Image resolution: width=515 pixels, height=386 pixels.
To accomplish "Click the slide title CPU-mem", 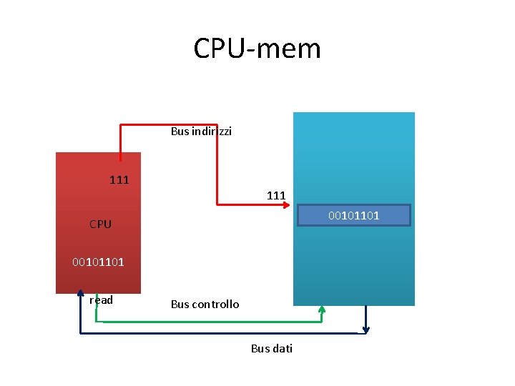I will point(257,49).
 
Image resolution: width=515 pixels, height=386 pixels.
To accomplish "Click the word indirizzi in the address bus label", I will point(211,132).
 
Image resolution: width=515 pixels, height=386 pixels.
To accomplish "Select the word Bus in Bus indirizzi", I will point(180,132).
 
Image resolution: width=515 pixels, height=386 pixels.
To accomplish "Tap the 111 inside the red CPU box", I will point(119,179).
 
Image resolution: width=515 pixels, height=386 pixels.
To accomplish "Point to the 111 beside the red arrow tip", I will point(276,195).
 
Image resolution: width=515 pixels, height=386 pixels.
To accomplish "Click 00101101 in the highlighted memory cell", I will point(353,215).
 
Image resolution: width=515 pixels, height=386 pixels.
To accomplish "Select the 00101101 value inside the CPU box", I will point(98,262).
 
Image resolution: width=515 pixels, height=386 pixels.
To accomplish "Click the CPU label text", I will point(100,224).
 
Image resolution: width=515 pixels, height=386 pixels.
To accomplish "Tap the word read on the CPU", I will point(101,300).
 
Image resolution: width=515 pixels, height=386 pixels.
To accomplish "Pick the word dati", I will point(282,349).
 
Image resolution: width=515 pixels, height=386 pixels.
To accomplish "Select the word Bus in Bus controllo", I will point(180,305).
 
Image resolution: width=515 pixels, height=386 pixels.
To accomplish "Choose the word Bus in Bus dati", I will point(260,349).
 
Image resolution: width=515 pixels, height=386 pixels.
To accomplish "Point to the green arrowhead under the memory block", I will point(322,310).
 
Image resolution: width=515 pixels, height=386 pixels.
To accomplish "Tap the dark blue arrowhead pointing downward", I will point(366,329).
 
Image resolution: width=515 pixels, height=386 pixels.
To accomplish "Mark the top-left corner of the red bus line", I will point(120,126).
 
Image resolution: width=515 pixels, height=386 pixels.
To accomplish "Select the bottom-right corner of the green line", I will point(322,322).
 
